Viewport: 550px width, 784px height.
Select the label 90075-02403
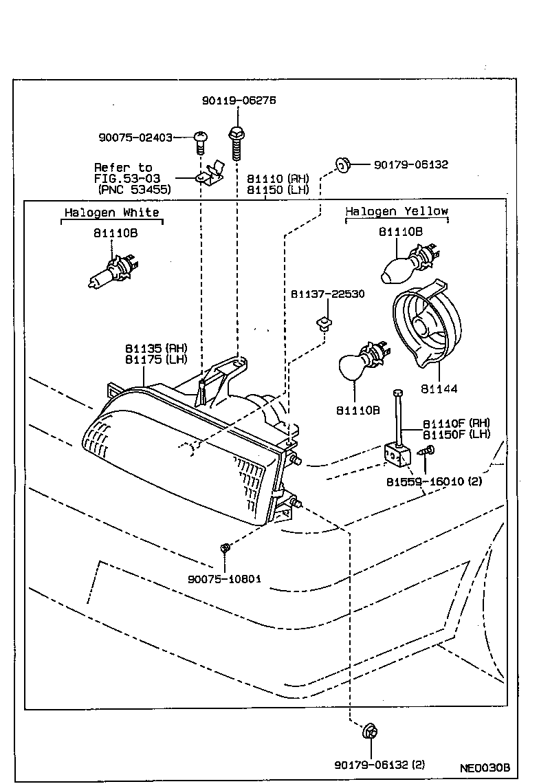[x=135, y=138]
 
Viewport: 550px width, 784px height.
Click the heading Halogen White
[x=111, y=213]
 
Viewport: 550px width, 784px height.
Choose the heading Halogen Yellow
[x=396, y=211]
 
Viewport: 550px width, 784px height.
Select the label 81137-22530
[x=327, y=294]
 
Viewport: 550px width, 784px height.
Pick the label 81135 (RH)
[x=156, y=348]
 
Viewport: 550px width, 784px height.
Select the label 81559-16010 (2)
[x=434, y=482]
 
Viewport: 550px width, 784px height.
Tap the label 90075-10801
[x=224, y=578]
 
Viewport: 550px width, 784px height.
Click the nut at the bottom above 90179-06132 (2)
[x=369, y=731]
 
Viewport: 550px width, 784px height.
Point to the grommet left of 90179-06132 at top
[x=342, y=164]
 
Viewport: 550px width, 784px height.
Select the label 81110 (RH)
[x=278, y=178]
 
